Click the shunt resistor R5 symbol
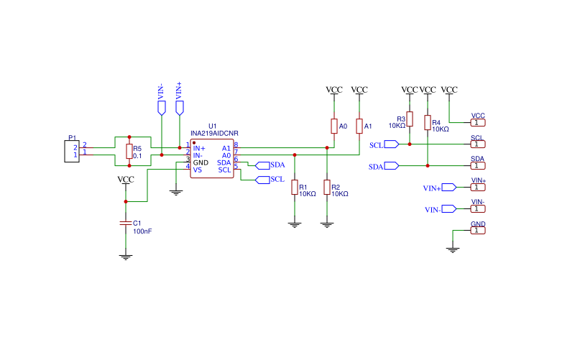(x=129, y=151)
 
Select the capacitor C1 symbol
(x=126, y=223)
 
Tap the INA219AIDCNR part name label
(x=214, y=134)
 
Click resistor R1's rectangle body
(x=295, y=187)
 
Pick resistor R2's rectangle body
(x=327, y=187)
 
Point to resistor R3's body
(x=410, y=119)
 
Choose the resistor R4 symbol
(x=428, y=122)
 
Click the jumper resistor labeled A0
(x=334, y=126)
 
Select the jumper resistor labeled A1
(x=359, y=126)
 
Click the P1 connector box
(x=72, y=151)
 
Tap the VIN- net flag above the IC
(x=161, y=109)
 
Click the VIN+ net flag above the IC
(x=179, y=109)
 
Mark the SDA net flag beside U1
(x=262, y=166)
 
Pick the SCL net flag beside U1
(x=262, y=180)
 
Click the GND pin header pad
(x=478, y=230)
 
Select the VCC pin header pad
(x=478, y=122)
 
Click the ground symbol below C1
(x=126, y=257)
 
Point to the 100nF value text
(x=142, y=231)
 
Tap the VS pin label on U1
(x=197, y=170)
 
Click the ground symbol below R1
(x=295, y=225)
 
